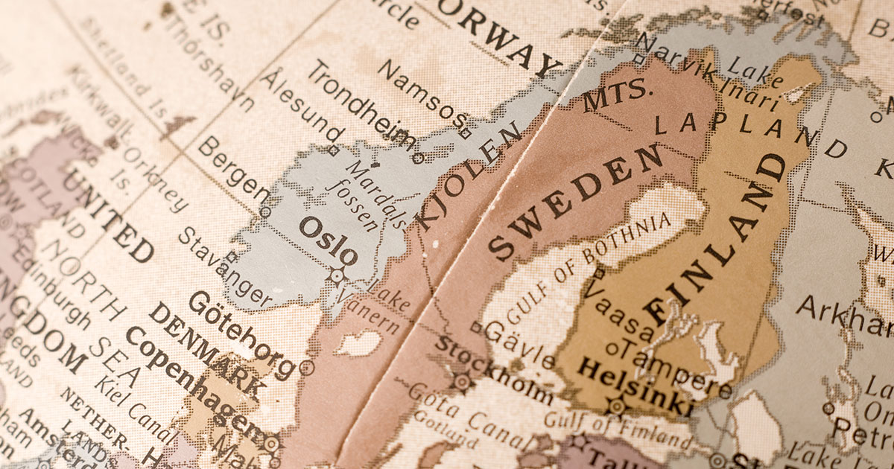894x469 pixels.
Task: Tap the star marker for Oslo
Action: [x=337, y=276]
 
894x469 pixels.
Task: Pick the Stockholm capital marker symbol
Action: [x=463, y=382]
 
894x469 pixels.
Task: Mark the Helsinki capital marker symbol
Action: [x=616, y=406]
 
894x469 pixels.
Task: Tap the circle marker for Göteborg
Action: [x=306, y=366]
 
